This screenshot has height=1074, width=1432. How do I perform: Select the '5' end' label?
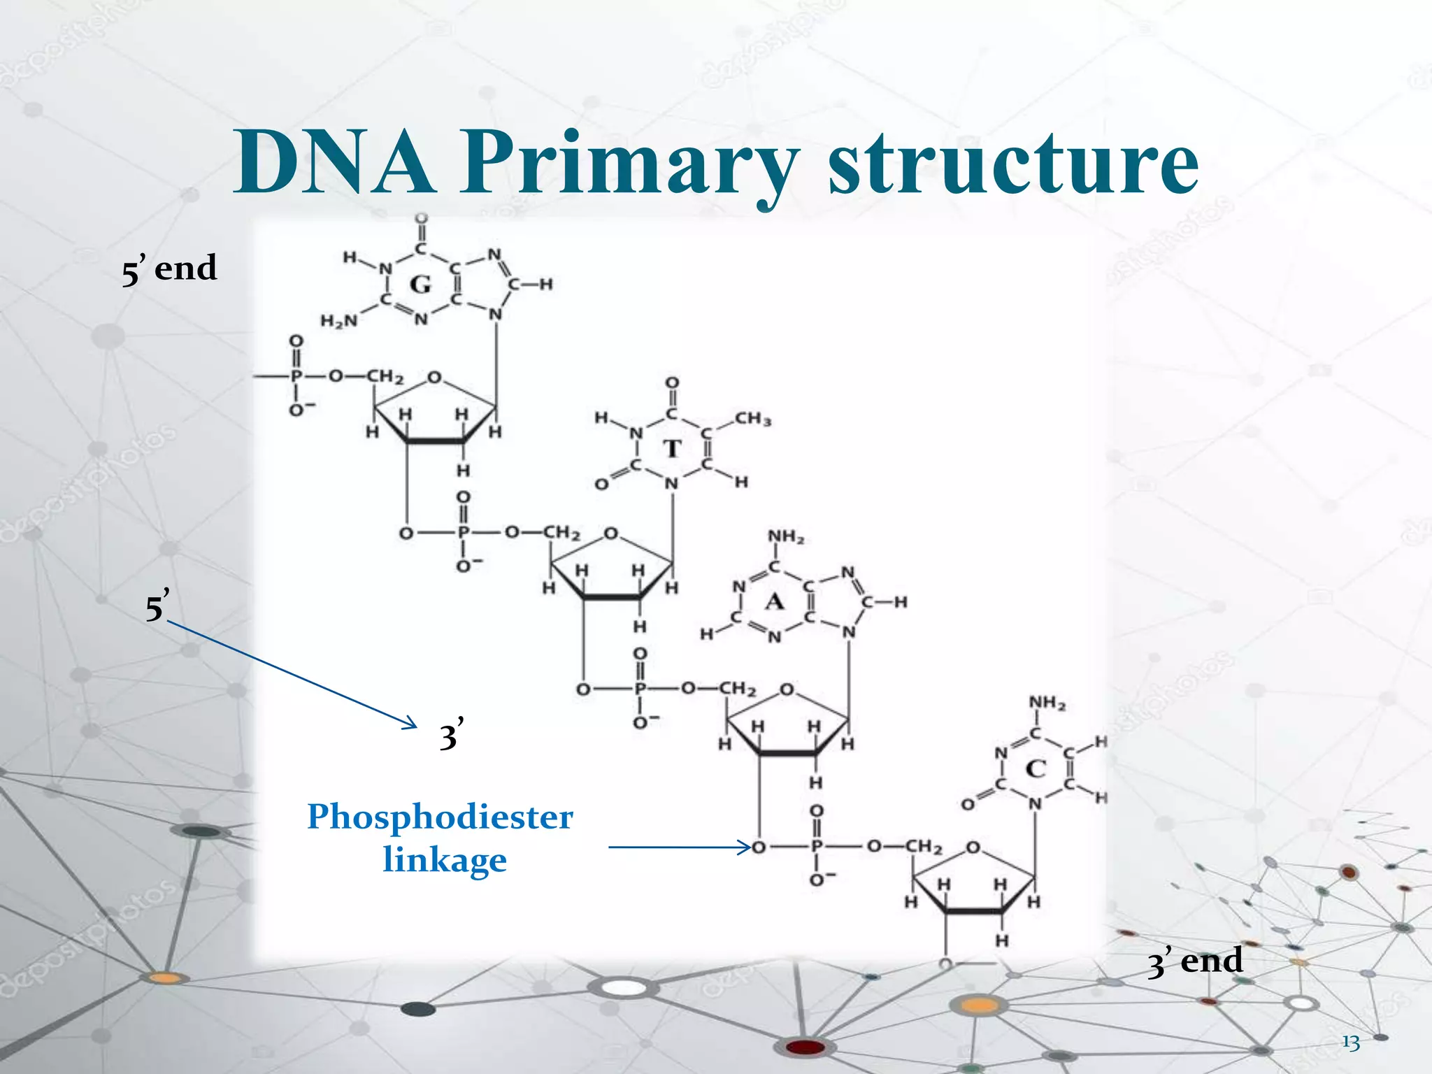[169, 269]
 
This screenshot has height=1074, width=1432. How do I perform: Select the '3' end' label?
[1194, 961]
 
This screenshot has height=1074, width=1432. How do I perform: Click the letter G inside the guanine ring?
[420, 285]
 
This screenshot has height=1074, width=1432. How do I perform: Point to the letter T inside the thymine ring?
[672, 448]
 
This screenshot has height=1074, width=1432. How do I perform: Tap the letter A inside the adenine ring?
[774, 601]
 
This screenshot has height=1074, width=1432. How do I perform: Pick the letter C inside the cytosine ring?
[1036, 769]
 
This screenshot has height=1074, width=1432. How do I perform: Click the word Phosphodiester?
[440, 817]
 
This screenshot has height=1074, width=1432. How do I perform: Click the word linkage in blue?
[445, 859]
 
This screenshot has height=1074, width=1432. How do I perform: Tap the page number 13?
[1351, 1043]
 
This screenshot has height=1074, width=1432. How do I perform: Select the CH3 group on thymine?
[752, 419]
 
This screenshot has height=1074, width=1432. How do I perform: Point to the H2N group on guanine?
[338, 321]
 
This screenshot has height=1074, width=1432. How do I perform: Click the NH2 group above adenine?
[786, 537]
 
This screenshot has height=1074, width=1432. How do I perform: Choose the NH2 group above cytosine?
[1047, 703]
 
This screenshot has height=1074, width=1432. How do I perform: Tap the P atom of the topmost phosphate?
[296, 376]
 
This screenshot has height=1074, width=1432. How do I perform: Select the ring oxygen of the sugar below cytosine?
[973, 848]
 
